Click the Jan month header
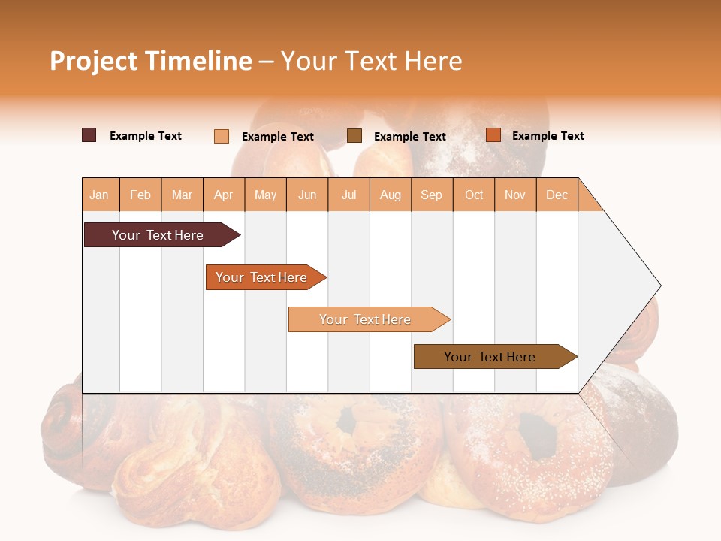pyautogui.click(x=99, y=195)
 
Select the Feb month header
pyautogui.click(x=140, y=195)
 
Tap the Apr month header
pyautogui.click(x=223, y=195)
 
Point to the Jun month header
pyautogui.click(x=307, y=195)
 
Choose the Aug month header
pyautogui.click(x=390, y=195)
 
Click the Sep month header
pyautogui.click(x=431, y=195)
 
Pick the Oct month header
pyautogui.click(x=474, y=195)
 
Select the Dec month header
pyautogui.click(x=557, y=195)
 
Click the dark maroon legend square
pyautogui.click(x=89, y=135)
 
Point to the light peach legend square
pyautogui.click(x=222, y=136)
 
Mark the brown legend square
pyautogui.click(x=354, y=136)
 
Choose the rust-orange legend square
pyautogui.click(x=493, y=135)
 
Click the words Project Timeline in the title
pyautogui.click(x=151, y=61)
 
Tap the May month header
pyautogui.click(x=265, y=195)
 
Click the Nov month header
pyautogui.click(x=515, y=195)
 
